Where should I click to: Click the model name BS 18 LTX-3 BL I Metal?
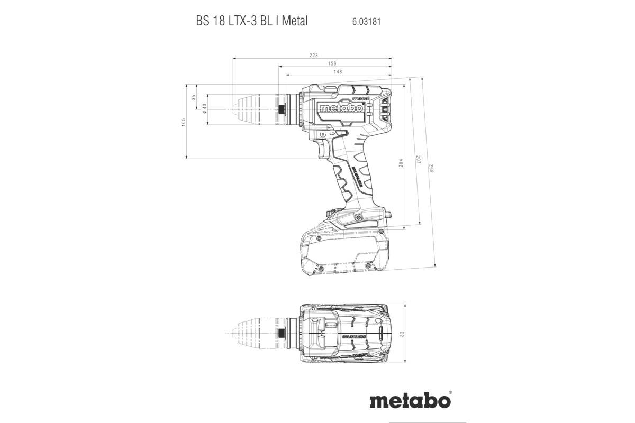(x=251, y=22)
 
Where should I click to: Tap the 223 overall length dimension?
(x=314, y=56)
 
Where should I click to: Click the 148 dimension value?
(x=338, y=72)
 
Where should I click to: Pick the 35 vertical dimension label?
(x=194, y=97)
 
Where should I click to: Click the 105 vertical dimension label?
(x=183, y=122)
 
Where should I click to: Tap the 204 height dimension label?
(x=401, y=163)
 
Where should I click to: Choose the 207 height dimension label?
(x=417, y=159)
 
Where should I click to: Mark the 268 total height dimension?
(x=431, y=170)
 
